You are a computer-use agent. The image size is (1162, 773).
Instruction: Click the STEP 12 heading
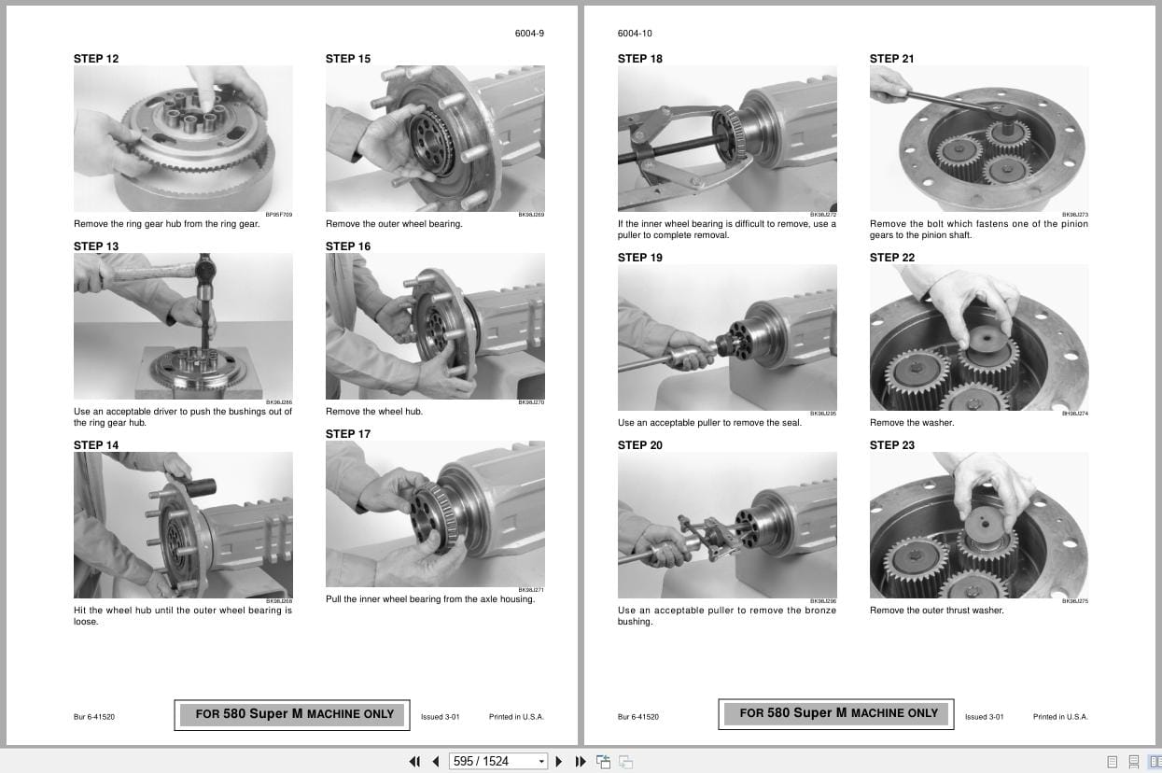(96, 59)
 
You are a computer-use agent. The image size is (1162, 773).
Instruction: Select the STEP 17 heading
(347, 434)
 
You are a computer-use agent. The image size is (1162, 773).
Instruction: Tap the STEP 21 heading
(891, 59)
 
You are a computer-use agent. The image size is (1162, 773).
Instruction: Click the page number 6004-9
(529, 34)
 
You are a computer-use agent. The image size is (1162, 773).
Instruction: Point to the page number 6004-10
(635, 34)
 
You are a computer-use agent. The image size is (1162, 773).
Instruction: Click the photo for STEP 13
(183, 326)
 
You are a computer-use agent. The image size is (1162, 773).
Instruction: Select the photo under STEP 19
(727, 337)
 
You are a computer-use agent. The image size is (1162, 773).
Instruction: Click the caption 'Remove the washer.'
(911, 423)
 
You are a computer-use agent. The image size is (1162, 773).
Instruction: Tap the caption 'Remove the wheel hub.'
(373, 412)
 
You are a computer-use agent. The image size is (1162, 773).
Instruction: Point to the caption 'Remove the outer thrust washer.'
(936, 611)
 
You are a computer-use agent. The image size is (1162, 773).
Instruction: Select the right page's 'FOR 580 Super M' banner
(837, 713)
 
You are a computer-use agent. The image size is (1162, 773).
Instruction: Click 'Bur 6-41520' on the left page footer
(94, 717)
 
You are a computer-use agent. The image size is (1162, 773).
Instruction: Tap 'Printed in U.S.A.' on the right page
(1059, 717)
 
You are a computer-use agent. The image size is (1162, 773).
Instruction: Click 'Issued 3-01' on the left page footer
(440, 717)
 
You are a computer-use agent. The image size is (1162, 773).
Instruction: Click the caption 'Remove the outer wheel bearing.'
(393, 224)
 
